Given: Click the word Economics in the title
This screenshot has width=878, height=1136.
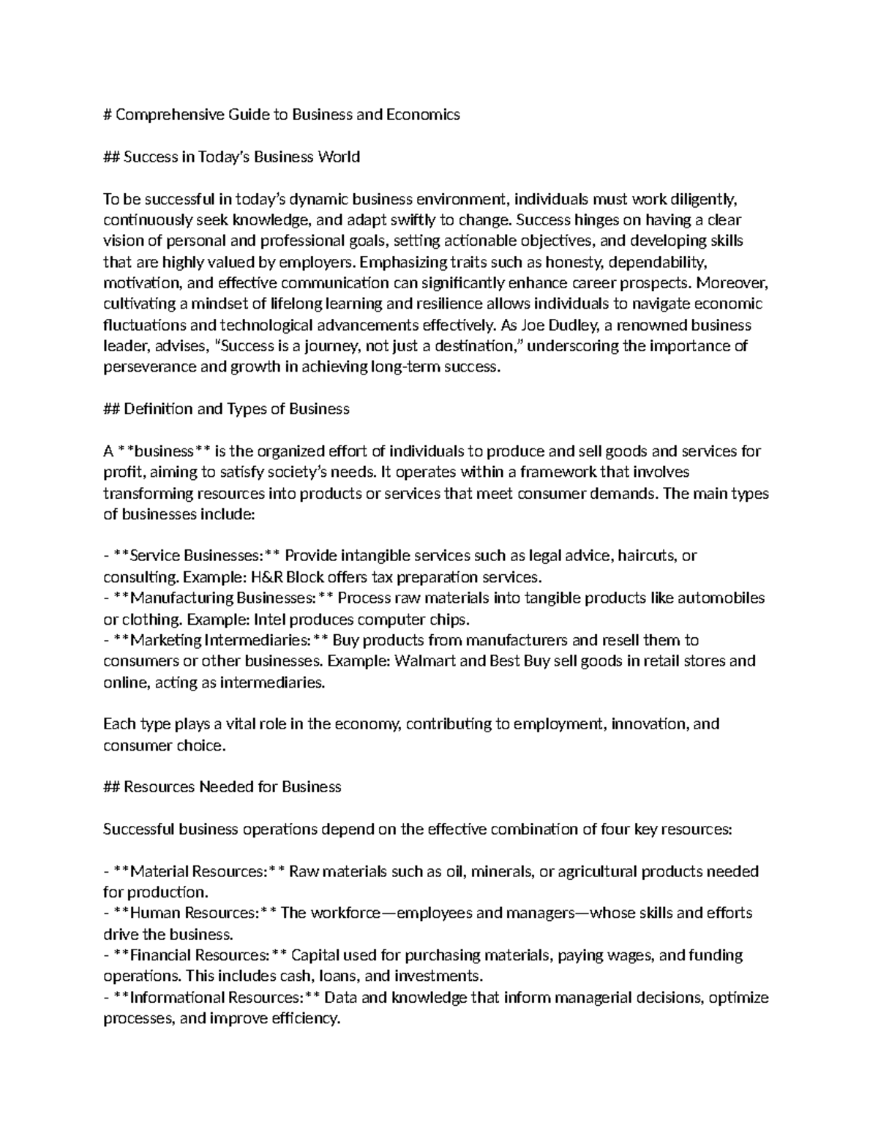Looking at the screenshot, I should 428,115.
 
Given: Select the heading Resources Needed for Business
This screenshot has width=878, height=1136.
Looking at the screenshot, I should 232,788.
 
